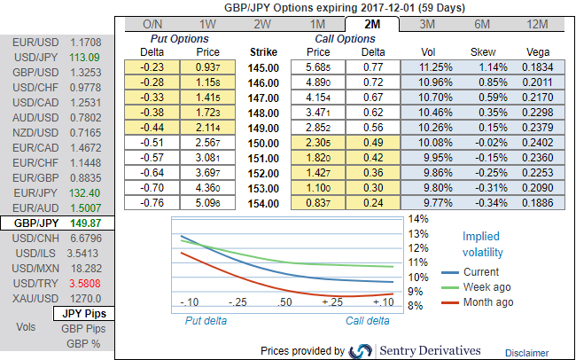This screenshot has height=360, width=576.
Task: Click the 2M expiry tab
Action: [370, 25]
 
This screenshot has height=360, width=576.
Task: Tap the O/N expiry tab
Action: [152, 25]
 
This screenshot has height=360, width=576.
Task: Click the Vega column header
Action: [537, 51]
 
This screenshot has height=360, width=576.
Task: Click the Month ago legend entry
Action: [488, 302]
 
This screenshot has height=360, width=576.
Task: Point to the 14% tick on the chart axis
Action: [417, 218]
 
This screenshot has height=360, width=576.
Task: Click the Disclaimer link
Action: [527, 352]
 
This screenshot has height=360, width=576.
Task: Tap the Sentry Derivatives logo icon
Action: [361, 350]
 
